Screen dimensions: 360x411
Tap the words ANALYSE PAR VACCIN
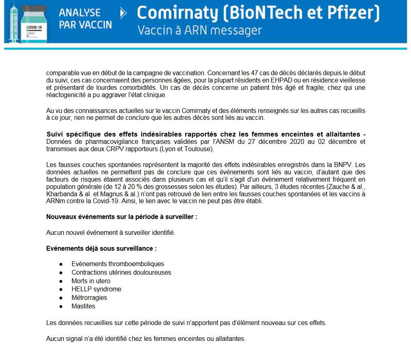(x=85, y=19)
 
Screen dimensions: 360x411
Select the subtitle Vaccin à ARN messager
(x=199, y=30)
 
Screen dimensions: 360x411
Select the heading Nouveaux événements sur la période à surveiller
(x=122, y=217)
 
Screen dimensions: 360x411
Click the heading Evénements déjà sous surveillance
(x=102, y=248)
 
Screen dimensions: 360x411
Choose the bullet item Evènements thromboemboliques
(x=118, y=264)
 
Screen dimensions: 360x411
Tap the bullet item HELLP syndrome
(x=96, y=289)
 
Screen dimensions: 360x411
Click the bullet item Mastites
(x=83, y=306)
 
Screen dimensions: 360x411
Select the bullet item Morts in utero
(x=91, y=281)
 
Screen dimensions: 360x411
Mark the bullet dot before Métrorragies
(x=61, y=298)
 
